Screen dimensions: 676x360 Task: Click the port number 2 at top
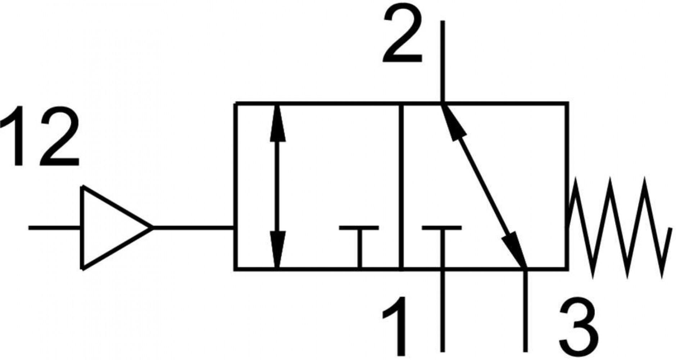(x=402, y=35)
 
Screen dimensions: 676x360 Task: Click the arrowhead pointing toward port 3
(x=515, y=251)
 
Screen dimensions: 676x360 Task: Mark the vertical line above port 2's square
(x=442, y=62)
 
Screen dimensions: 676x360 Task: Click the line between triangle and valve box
(x=194, y=228)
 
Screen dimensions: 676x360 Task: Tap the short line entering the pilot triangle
(x=55, y=228)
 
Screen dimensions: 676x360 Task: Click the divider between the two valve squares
(x=401, y=186)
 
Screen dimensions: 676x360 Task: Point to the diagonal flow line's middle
(x=484, y=186)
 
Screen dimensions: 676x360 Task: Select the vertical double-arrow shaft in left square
(x=277, y=186)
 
